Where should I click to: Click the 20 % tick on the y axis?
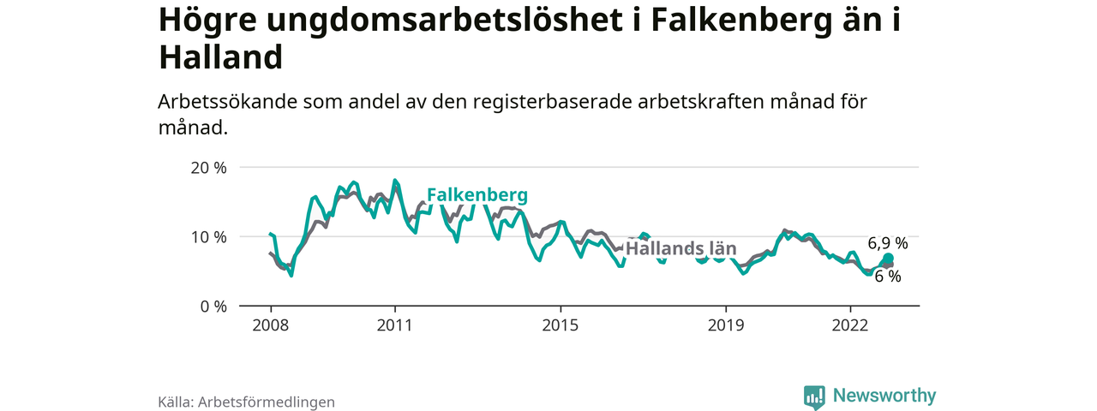point(208,168)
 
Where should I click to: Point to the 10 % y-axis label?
point(208,236)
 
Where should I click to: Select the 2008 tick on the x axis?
point(271,325)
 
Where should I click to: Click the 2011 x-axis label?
point(395,325)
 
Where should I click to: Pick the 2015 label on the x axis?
point(560,325)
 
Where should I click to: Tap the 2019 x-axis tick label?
point(726,325)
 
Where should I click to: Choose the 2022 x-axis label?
point(850,325)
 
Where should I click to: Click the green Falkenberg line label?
point(477,195)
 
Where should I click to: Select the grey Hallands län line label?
point(680,249)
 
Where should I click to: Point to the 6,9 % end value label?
point(887,243)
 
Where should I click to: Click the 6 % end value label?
point(888,277)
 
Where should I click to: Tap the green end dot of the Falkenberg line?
point(888,259)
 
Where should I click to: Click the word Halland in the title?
point(220,57)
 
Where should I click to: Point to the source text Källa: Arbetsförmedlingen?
point(246,402)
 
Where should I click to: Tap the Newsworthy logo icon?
point(814,396)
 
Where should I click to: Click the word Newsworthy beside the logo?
point(884,396)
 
